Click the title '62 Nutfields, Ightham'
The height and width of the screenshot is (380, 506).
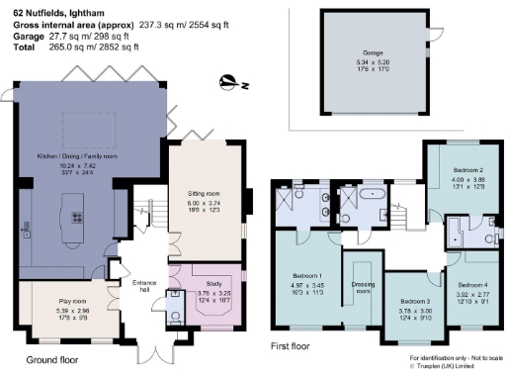(45, 8)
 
